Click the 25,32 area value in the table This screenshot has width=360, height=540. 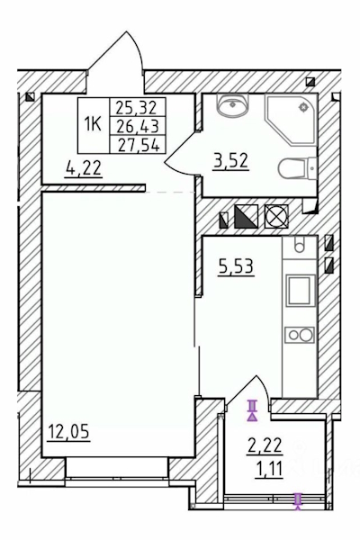(x=137, y=107)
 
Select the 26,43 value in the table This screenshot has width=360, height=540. (x=138, y=126)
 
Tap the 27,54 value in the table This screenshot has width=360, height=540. (x=139, y=145)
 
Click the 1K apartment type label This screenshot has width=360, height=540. (x=93, y=124)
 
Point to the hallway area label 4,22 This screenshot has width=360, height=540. (x=84, y=168)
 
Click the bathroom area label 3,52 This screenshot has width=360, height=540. (x=230, y=160)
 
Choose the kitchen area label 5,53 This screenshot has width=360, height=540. (x=236, y=267)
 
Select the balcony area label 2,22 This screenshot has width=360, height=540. (x=265, y=445)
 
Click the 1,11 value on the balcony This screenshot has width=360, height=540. (x=269, y=468)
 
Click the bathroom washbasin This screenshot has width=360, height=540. (x=232, y=103)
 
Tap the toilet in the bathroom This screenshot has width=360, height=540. (x=298, y=168)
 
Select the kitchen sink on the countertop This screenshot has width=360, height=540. (x=299, y=245)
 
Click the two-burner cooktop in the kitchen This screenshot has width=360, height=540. (x=300, y=335)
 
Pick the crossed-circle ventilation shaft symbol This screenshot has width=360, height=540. (x=276, y=216)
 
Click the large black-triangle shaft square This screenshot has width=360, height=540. (x=246, y=216)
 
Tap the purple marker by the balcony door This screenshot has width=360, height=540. (x=253, y=410)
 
